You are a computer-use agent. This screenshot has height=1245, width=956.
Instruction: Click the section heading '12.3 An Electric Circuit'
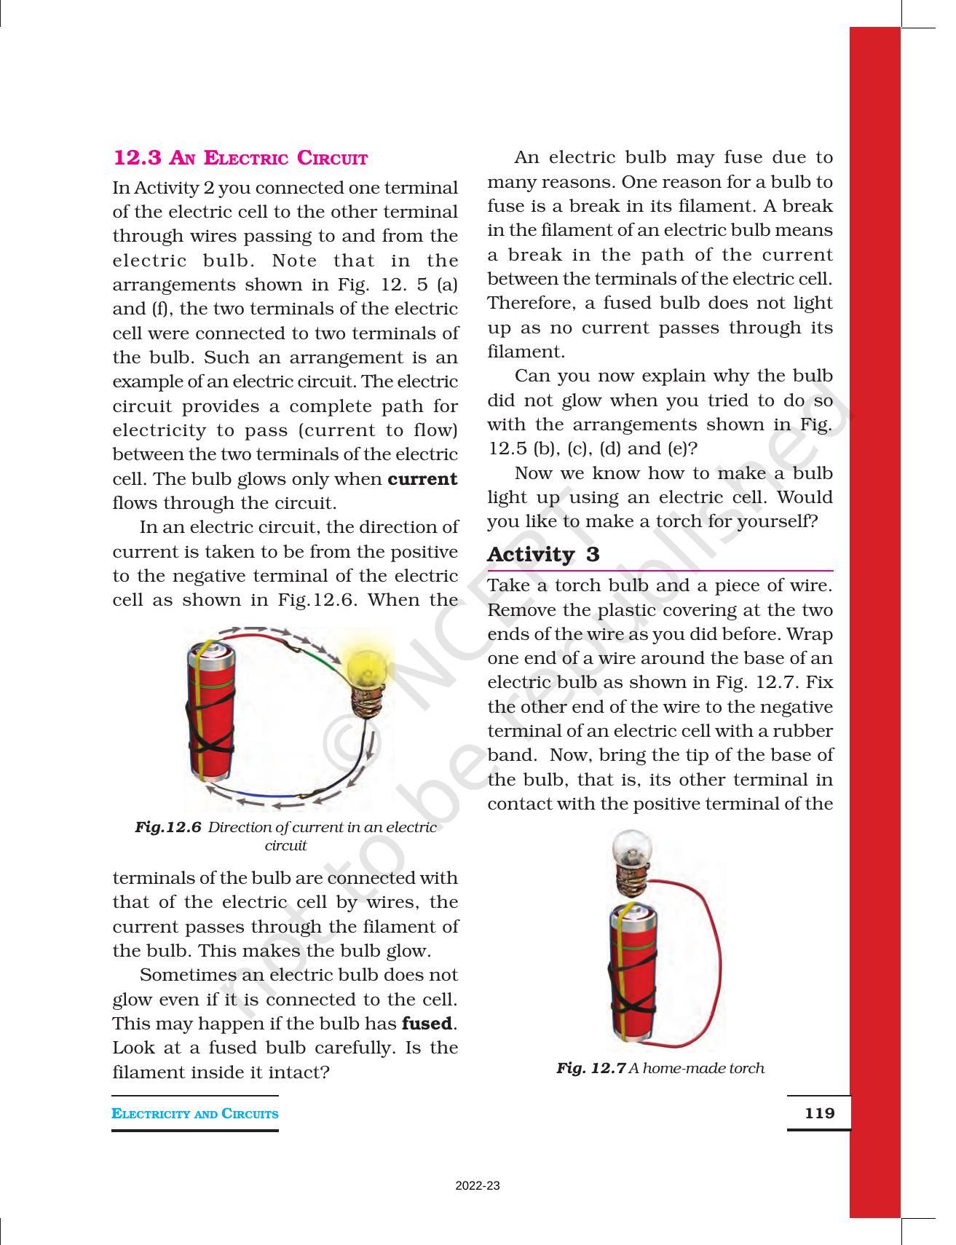(x=240, y=158)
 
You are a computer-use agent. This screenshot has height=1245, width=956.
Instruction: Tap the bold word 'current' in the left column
(x=422, y=479)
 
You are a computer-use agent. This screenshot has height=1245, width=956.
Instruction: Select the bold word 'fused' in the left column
(x=427, y=1024)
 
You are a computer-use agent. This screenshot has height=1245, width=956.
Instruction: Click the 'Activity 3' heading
(x=543, y=555)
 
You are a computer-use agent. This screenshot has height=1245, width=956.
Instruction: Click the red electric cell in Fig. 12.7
(x=632, y=968)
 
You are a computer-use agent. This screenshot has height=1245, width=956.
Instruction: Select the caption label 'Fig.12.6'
(x=167, y=828)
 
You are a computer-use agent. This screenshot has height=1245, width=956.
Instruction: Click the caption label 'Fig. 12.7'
(x=590, y=1068)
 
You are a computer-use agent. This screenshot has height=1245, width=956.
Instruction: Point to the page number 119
(x=819, y=1112)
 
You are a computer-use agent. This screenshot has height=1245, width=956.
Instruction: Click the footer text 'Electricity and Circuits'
(x=194, y=1113)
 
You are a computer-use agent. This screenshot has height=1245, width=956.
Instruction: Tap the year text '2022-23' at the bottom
(x=478, y=1186)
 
